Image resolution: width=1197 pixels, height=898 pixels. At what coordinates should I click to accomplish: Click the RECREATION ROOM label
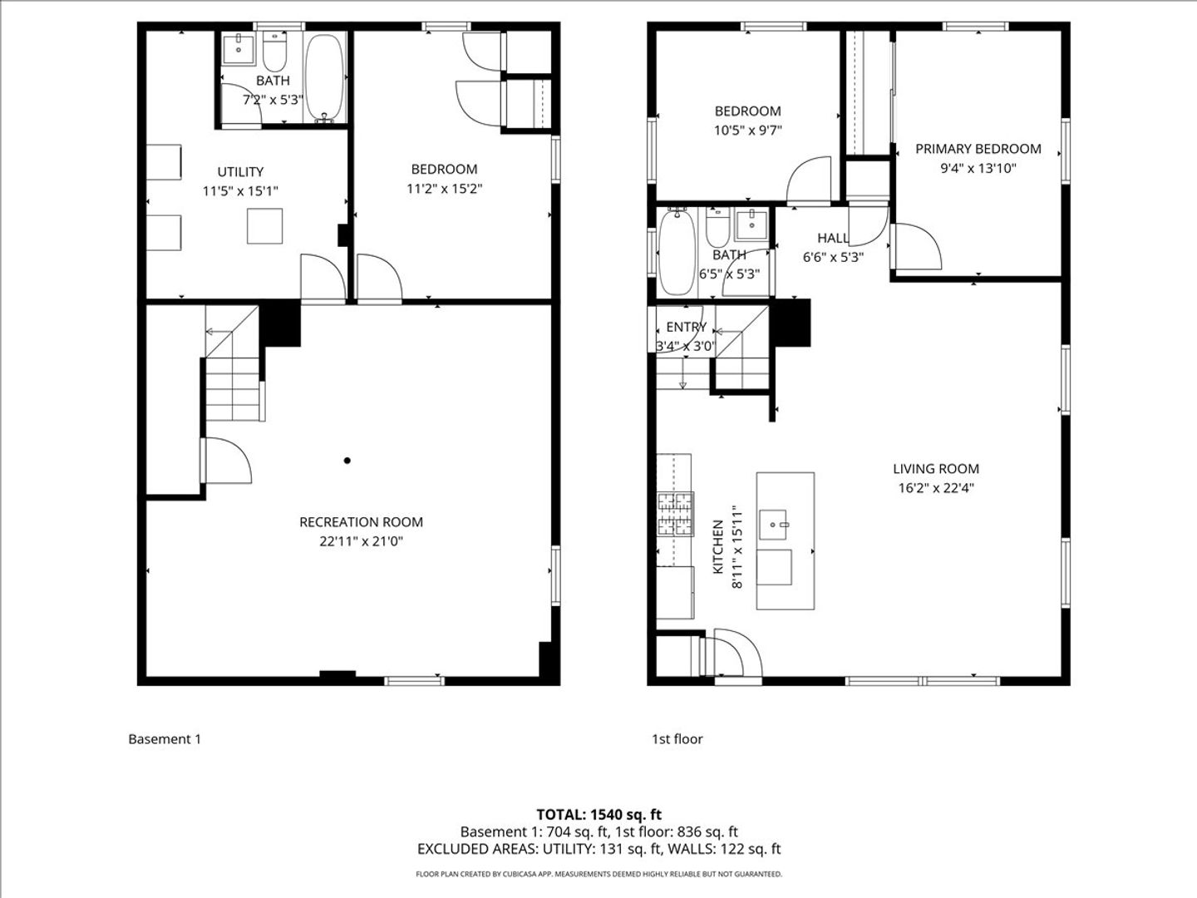(x=361, y=522)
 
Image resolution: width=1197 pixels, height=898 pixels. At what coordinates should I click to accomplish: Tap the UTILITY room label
(x=240, y=172)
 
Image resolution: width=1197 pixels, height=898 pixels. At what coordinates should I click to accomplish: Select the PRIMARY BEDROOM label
(x=978, y=149)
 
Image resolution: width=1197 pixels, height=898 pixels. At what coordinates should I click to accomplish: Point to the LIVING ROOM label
(x=936, y=468)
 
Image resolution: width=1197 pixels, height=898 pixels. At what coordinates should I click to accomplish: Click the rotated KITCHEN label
(x=717, y=547)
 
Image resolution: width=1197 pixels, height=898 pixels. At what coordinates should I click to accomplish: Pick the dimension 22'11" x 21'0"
(x=361, y=541)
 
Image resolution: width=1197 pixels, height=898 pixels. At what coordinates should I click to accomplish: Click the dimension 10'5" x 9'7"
(x=747, y=131)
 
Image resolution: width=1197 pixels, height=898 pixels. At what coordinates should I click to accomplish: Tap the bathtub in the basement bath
(x=324, y=78)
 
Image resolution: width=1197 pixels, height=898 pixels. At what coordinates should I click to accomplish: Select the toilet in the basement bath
(x=275, y=52)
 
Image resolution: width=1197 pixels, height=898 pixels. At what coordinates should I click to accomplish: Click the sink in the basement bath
(x=239, y=49)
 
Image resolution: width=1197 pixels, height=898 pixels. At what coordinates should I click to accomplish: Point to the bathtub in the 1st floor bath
(x=677, y=253)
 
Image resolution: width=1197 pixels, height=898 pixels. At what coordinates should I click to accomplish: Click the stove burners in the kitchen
(x=676, y=514)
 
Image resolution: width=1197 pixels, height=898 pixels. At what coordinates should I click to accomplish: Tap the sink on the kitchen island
(x=773, y=525)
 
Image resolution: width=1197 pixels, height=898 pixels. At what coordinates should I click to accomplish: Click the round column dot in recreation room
(x=347, y=461)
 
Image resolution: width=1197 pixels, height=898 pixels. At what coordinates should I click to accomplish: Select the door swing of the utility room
(x=323, y=276)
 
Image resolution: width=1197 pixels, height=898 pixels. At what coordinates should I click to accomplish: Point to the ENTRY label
(x=686, y=327)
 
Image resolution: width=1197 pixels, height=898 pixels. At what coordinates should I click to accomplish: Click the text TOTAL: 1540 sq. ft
(x=598, y=815)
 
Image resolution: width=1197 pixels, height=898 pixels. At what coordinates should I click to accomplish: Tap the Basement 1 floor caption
(x=165, y=739)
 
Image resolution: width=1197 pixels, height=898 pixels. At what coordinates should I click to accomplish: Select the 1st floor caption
(x=677, y=739)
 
